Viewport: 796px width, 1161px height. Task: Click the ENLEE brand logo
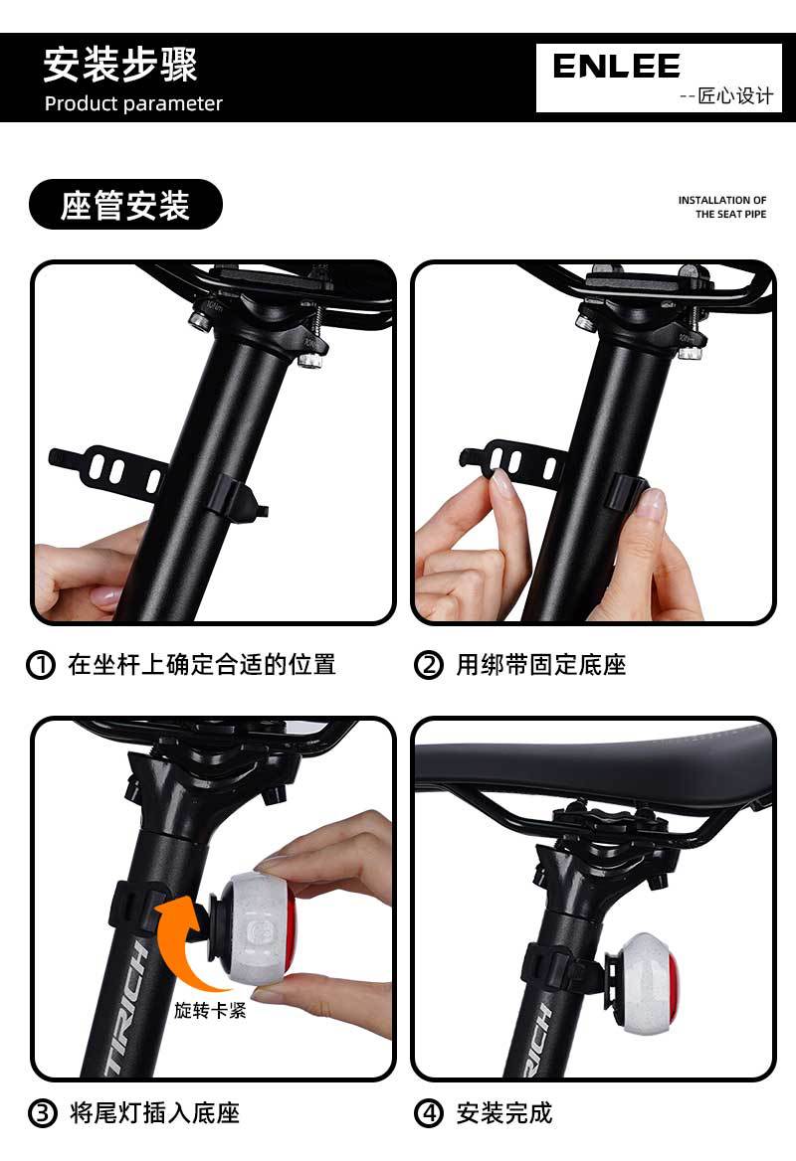pyautogui.click(x=616, y=67)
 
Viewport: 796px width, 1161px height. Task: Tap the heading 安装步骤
pyautogui.click(x=120, y=65)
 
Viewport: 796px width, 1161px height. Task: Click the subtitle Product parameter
pyautogui.click(x=133, y=103)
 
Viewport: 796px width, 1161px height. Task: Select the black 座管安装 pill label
pyautogui.click(x=125, y=205)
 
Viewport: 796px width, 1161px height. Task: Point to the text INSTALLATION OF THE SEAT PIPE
pyautogui.click(x=722, y=208)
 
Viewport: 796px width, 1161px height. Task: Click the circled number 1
pyautogui.click(x=41, y=664)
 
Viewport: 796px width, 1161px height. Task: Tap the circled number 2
pyautogui.click(x=429, y=664)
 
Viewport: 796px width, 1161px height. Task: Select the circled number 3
pyautogui.click(x=42, y=1113)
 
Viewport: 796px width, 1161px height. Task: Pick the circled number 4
pyautogui.click(x=429, y=1113)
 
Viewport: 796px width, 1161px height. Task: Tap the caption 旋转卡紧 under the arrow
pyautogui.click(x=211, y=1010)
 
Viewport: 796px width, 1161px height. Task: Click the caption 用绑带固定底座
pyautogui.click(x=541, y=664)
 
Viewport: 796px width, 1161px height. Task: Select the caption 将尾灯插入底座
pyautogui.click(x=155, y=1113)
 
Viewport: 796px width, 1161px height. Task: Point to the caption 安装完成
pyautogui.click(x=504, y=1113)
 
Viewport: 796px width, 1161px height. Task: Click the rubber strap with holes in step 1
pyautogui.click(x=108, y=469)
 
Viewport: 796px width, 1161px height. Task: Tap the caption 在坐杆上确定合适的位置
pyautogui.click(x=202, y=664)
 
